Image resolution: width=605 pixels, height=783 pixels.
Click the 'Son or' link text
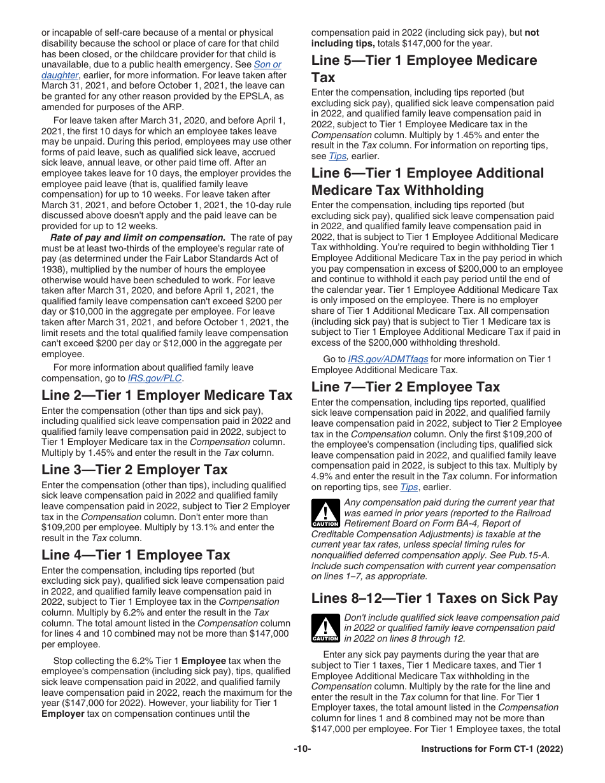[x=267, y=64]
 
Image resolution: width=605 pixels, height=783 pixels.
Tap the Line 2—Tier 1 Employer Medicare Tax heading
[x=167, y=395]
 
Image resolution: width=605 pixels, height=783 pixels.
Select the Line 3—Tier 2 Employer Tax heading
[x=134, y=470]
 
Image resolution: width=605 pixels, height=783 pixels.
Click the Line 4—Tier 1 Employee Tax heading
[x=136, y=555]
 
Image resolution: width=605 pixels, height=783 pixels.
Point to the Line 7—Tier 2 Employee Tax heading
[x=406, y=387]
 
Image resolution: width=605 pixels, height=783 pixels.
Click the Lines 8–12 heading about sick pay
[x=434, y=598]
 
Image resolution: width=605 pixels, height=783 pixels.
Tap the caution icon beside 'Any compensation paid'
[x=325, y=513]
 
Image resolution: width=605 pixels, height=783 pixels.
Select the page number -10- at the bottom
[x=302, y=749]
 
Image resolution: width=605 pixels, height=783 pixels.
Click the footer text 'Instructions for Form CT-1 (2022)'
[x=492, y=749]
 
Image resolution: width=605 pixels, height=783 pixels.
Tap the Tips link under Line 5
[x=337, y=156]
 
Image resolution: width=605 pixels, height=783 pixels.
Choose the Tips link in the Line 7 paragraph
[x=408, y=487]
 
